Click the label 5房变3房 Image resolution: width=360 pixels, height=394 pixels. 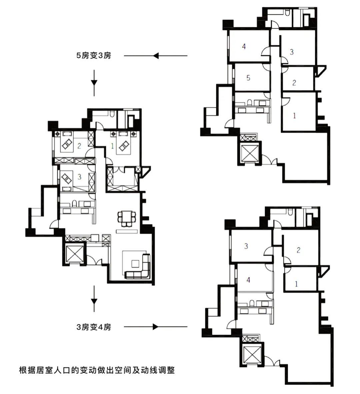point(93,55)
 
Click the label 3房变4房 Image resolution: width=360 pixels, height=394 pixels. point(93,327)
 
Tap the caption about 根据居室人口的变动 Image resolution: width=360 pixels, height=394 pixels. point(97,370)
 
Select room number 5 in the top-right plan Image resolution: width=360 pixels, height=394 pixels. point(248,78)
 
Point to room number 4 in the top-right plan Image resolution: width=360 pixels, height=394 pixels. point(244,46)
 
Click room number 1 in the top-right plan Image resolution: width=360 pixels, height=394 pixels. point(294,116)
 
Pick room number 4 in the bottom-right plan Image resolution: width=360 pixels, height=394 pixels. point(248,280)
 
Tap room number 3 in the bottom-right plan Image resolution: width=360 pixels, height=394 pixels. point(246,246)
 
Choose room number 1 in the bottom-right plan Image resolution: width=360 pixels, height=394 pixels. point(296,284)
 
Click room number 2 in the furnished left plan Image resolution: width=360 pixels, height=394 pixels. point(79,146)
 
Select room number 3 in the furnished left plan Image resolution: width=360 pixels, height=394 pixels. point(79,177)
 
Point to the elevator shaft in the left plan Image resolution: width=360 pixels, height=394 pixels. point(74,254)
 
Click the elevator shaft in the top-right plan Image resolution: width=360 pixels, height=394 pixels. point(249,152)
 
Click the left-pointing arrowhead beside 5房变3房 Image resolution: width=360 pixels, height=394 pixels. point(156,56)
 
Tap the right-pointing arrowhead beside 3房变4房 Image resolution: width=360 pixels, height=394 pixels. point(156,327)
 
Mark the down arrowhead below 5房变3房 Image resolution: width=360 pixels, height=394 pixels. point(94,82)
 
